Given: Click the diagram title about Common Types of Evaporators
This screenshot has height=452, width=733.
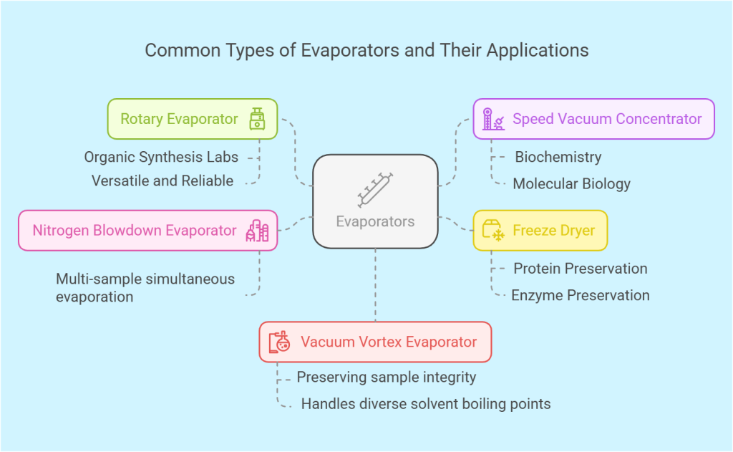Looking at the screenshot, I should tap(366, 50).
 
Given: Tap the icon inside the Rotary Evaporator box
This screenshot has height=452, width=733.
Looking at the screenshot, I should tap(256, 119).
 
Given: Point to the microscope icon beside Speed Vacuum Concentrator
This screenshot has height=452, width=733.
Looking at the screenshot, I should tap(493, 119).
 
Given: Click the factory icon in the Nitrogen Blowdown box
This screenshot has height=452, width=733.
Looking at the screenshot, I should tap(257, 230).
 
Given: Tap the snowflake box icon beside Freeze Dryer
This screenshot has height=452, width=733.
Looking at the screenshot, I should tap(493, 231).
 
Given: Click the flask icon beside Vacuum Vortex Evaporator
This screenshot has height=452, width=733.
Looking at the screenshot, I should tap(279, 342).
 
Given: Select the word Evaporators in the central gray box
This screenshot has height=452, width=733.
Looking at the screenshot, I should tap(375, 221).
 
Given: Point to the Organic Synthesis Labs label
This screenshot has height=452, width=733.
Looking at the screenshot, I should tap(161, 157).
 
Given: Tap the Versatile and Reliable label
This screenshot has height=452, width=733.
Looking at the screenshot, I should tap(162, 181).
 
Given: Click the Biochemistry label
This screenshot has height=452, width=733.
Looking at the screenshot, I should tap(558, 157).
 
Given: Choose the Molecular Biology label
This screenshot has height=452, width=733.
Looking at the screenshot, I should tap(571, 184).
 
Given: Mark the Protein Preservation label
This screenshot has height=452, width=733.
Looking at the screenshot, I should tap(581, 269).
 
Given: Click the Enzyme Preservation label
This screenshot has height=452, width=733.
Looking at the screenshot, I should tap(581, 295).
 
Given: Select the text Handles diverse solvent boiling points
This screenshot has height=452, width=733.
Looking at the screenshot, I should tap(426, 404).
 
